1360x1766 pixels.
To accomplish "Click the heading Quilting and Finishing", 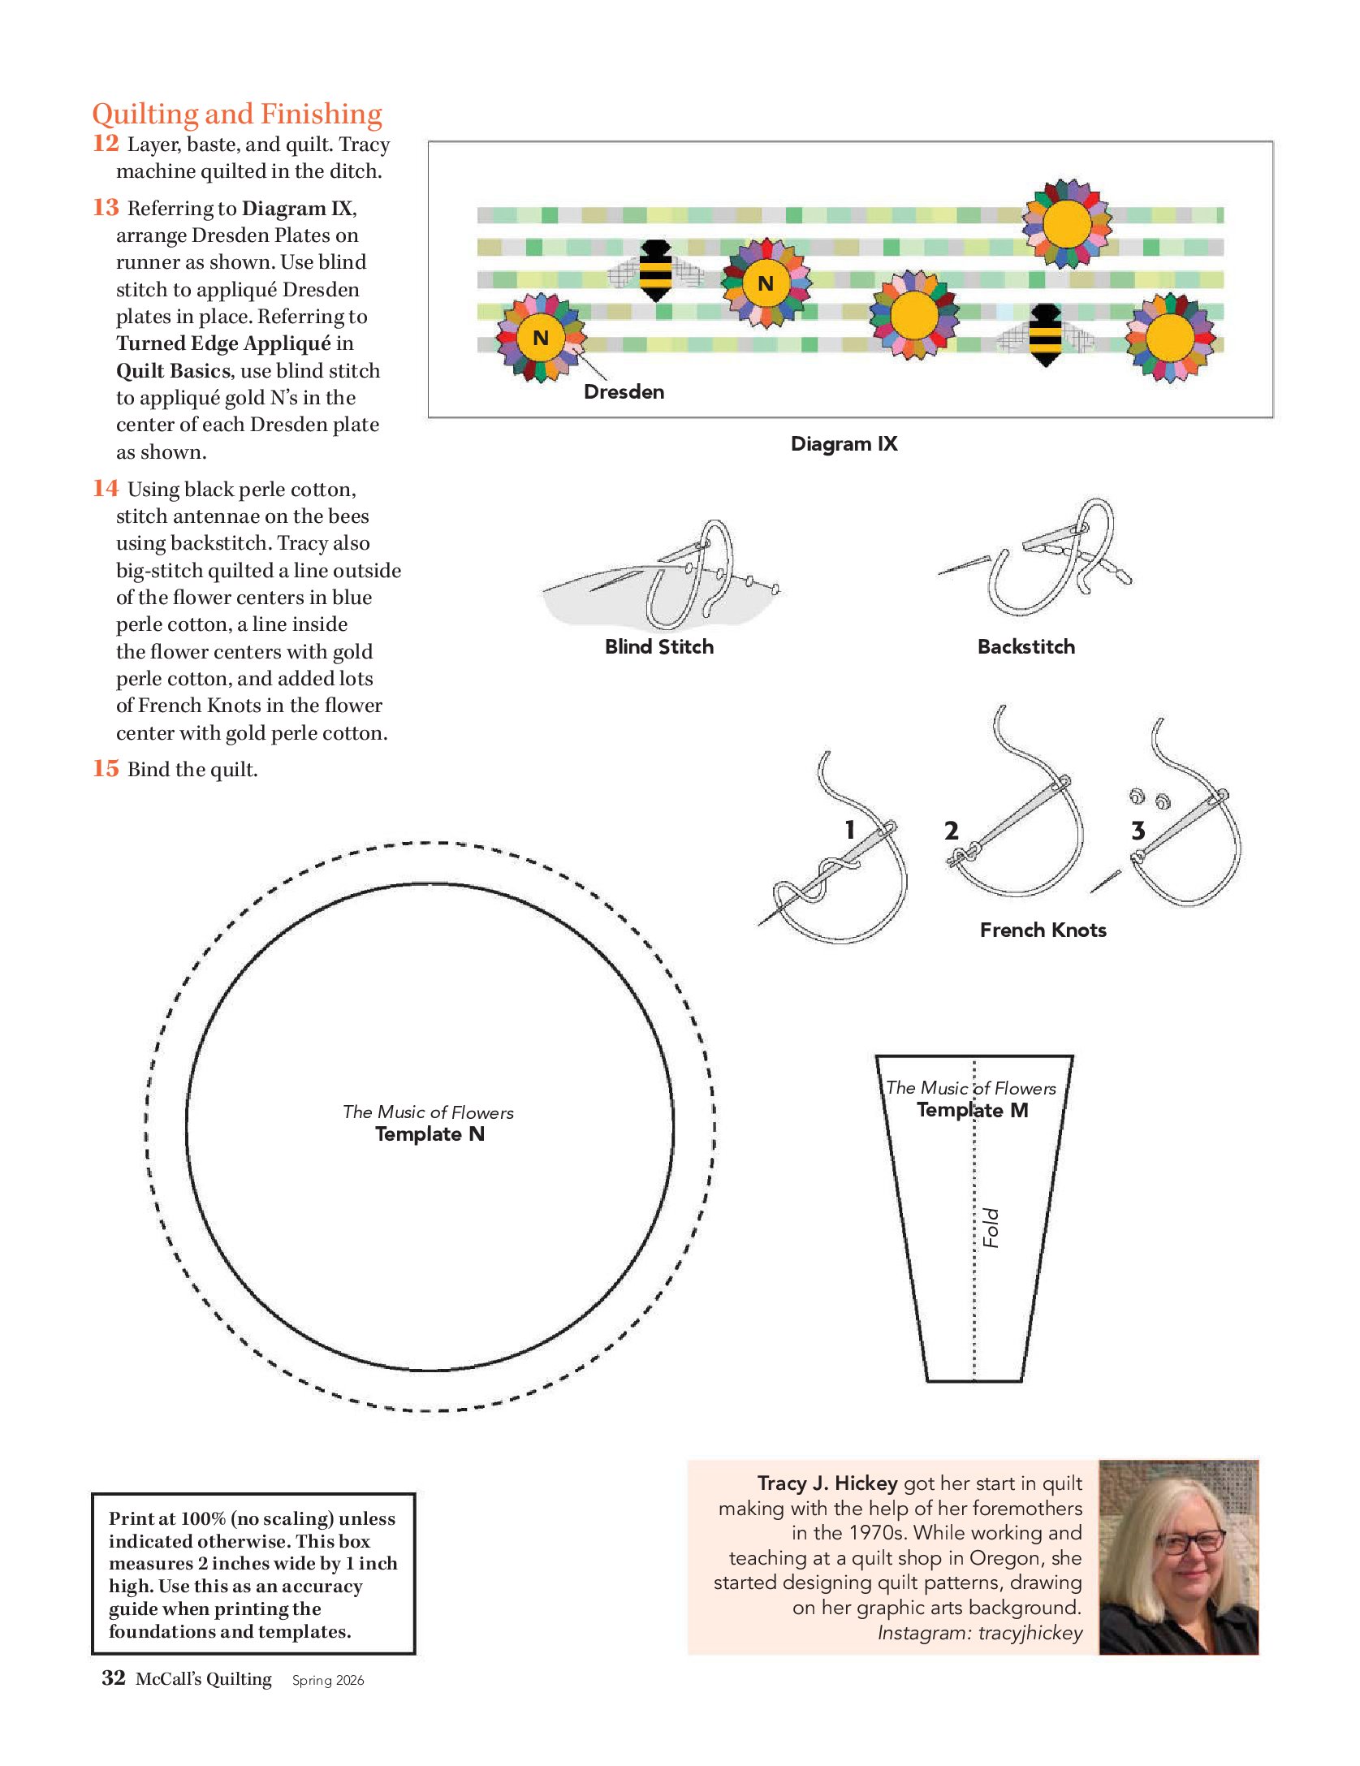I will (236, 114).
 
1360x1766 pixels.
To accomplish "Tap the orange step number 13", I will (106, 208).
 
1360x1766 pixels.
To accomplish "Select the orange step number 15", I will (106, 768).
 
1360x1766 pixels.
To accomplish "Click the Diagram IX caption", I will (844, 443).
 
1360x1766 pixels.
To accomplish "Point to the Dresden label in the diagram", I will (624, 392).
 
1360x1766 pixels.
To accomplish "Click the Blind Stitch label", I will (658, 646).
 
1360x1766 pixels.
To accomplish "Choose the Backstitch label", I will (1025, 646).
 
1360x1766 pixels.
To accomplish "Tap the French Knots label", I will (1043, 930).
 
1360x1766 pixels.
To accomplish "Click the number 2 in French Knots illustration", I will (951, 831).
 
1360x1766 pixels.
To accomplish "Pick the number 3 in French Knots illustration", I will (1138, 831).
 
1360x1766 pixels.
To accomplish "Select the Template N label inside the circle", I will (430, 1133).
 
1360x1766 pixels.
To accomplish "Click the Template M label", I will (972, 1110).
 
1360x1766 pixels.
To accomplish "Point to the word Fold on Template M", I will (991, 1228).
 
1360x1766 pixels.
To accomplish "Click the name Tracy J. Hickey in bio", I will (827, 1483).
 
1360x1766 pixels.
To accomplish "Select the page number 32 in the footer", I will (114, 1678).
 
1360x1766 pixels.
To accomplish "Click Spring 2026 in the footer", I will (328, 1680).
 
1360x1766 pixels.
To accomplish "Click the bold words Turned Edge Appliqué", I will (223, 343).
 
